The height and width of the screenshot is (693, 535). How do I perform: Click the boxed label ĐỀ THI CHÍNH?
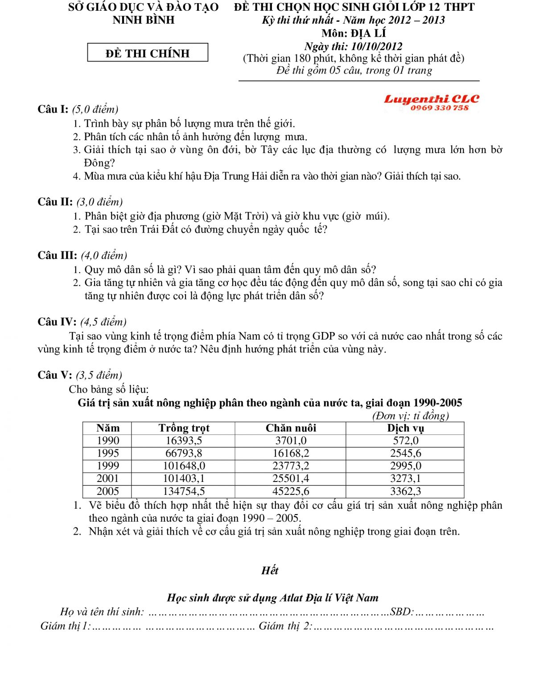[x=148, y=53]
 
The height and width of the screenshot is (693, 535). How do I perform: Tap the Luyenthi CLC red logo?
[x=431, y=99]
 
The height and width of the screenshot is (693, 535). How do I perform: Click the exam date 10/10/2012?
[x=377, y=46]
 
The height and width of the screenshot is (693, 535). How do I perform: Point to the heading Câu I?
[x=53, y=109]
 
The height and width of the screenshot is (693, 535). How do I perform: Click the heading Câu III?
[x=58, y=255]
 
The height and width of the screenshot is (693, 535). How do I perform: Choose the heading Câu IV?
[x=57, y=322]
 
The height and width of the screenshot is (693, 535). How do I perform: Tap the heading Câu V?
[x=55, y=375]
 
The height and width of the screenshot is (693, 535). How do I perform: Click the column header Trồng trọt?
[x=184, y=428]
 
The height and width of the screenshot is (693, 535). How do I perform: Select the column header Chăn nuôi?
[x=291, y=428]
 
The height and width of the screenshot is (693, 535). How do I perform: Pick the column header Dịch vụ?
[x=405, y=428]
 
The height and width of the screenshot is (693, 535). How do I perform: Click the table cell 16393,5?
[x=184, y=440]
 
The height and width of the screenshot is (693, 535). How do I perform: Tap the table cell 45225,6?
[x=291, y=491]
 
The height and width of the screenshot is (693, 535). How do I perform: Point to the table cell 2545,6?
[x=405, y=453]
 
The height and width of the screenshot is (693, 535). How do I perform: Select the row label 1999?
[x=108, y=465]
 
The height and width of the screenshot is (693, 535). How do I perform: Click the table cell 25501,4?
[x=291, y=478]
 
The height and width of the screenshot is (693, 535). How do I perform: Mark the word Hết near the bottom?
[x=270, y=570]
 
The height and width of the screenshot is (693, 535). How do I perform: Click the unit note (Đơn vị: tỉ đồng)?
[x=410, y=416]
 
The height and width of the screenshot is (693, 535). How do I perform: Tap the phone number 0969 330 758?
[x=440, y=108]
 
